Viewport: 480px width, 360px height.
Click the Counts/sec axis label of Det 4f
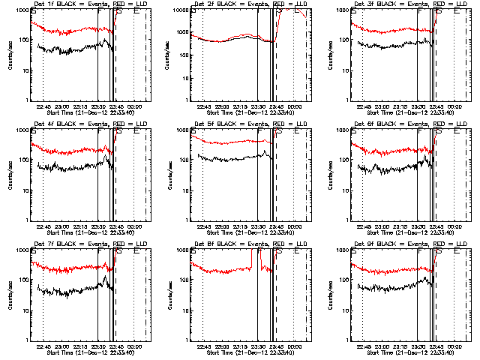click(8, 175)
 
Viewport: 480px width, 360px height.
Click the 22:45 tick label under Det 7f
click(43, 346)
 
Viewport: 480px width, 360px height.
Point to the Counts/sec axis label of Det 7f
click(8, 295)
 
